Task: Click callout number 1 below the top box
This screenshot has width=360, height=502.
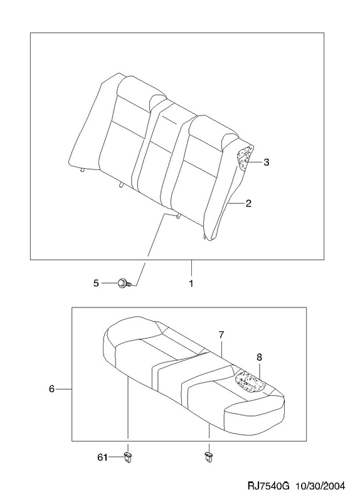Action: point(191,284)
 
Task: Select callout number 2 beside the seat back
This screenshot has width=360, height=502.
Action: point(248,203)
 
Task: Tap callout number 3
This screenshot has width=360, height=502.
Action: point(267,163)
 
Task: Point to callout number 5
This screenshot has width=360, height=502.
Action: point(96,283)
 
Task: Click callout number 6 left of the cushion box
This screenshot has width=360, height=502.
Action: point(52,389)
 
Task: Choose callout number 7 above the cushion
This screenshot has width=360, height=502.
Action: point(221,335)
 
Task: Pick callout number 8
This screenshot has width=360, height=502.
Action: point(259,357)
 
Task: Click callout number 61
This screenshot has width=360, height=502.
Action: point(102,458)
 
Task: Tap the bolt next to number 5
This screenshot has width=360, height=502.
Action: point(125,284)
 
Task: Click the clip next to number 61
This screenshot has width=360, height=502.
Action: point(128,457)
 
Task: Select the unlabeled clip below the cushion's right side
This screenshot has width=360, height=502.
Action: point(209,457)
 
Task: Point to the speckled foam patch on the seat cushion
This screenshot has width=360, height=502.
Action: point(251,382)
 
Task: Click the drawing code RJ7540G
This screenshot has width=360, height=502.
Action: point(269,486)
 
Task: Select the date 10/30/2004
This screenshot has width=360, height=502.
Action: point(321,486)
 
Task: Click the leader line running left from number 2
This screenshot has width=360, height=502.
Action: point(236,203)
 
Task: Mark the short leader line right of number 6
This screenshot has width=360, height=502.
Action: point(65,389)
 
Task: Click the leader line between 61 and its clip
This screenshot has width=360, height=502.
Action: point(116,457)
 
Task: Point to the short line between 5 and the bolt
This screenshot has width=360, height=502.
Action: point(109,283)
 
